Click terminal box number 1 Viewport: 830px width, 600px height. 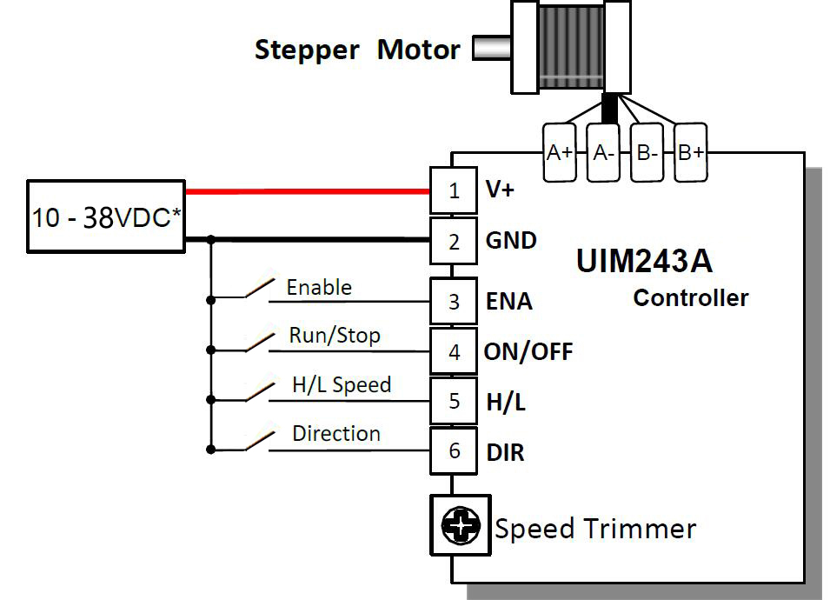(x=454, y=190)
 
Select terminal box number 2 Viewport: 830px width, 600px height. (x=454, y=241)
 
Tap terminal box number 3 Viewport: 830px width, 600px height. (x=454, y=302)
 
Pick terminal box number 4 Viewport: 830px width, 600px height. (x=454, y=352)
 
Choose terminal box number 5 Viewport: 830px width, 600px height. (x=454, y=402)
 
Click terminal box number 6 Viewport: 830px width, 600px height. (x=454, y=451)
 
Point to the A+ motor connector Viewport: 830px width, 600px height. (x=559, y=152)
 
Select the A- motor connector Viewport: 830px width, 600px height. (x=603, y=152)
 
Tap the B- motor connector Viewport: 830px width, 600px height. (x=647, y=152)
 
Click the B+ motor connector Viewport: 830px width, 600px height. (x=691, y=152)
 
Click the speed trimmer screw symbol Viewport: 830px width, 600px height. (x=461, y=524)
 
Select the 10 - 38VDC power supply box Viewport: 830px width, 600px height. (x=106, y=217)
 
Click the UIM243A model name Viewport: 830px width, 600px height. (x=644, y=261)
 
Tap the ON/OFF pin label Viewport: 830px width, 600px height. (x=528, y=352)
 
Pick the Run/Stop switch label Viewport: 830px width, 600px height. (x=335, y=336)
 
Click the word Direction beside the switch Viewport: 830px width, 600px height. (x=336, y=433)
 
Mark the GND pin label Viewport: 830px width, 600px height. (x=511, y=241)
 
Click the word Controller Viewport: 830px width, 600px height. (x=690, y=298)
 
